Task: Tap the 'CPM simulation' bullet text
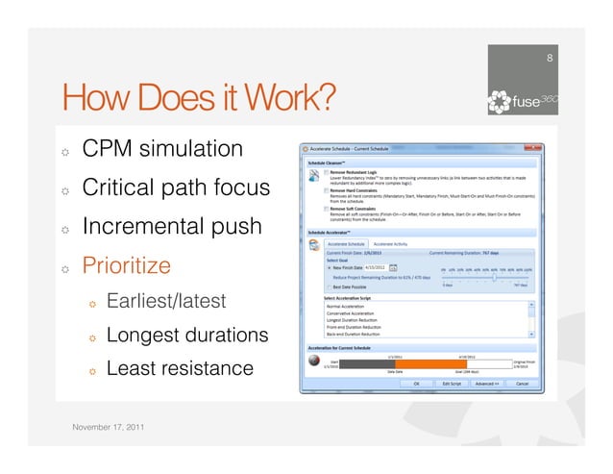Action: (x=162, y=149)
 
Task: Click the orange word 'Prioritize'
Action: (x=129, y=264)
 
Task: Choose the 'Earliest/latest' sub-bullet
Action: (x=165, y=301)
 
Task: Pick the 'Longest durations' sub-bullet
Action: (x=186, y=335)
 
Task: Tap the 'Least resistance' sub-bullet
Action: (x=180, y=367)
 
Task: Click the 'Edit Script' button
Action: (x=453, y=383)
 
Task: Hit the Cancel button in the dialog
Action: (x=523, y=383)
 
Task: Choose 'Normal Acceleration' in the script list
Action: (x=351, y=304)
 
